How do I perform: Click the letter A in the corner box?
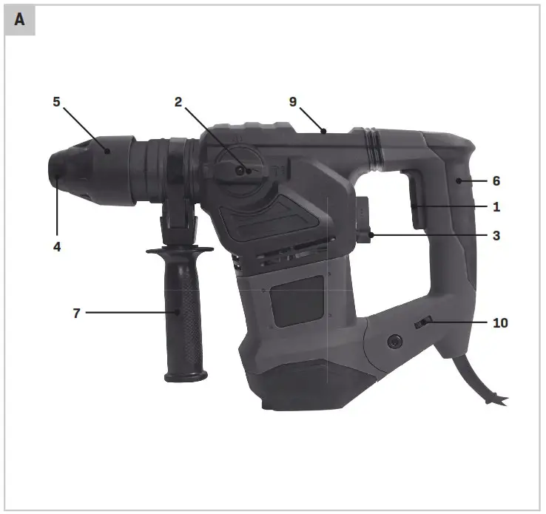(19, 20)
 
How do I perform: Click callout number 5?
(56, 102)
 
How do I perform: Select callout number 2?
(178, 102)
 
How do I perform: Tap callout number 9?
(294, 102)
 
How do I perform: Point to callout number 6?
(496, 180)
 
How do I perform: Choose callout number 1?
(496, 208)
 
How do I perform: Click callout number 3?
(496, 236)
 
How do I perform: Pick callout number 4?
(56, 247)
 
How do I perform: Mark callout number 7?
(76, 313)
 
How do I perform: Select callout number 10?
(501, 322)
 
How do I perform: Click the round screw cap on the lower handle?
(393, 341)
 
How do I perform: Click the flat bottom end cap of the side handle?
(186, 376)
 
